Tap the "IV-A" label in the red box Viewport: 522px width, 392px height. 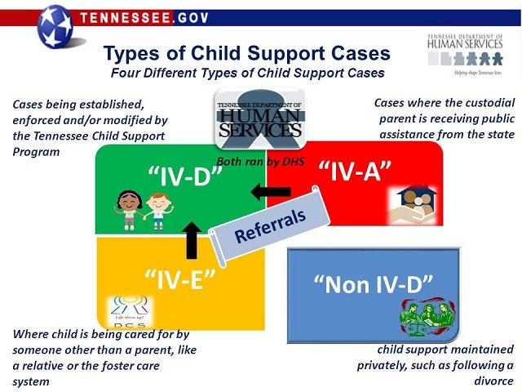click(x=352, y=171)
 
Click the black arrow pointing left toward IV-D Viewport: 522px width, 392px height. click(x=270, y=192)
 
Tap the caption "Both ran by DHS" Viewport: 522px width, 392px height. click(x=260, y=162)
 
